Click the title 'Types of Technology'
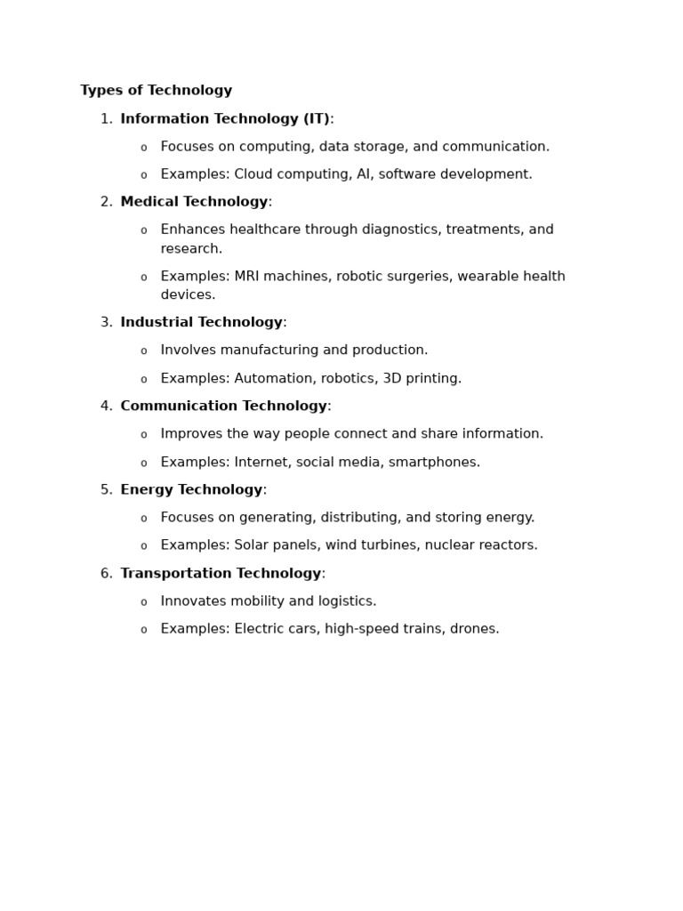click(x=156, y=91)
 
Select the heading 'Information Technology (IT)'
click(x=225, y=119)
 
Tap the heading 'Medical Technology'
click(x=194, y=202)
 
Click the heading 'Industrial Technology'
click(x=201, y=323)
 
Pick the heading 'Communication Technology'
click(x=223, y=407)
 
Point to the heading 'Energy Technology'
click(x=191, y=490)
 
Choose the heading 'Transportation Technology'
click(x=221, y=574)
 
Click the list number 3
click(x=106, y=323)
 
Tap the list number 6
click(x=106, y=574)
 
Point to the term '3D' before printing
click(x=392, y=379)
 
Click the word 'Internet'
click(x=262, y=463)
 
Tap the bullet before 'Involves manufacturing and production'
click(x=143, y=351)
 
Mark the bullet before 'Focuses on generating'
click(x=143, y=519)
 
